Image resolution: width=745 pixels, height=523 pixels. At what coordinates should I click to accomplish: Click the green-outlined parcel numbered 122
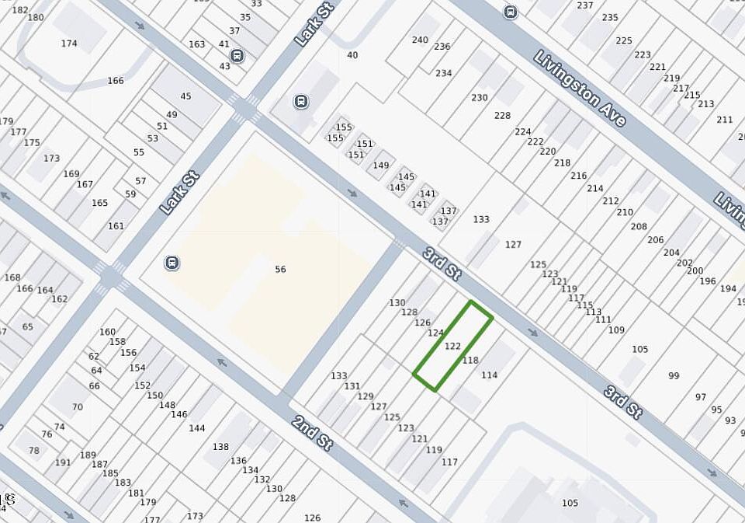[x=453, y=347]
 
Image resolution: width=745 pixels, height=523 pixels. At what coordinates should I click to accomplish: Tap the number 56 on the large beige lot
[x=280, y=270]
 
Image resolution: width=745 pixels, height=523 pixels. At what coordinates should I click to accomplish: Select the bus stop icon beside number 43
[x=237, y=56]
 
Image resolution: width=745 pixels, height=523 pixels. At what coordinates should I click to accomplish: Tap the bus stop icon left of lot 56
[x=172, y=263]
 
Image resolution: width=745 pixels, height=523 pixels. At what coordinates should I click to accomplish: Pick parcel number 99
[x=674, y=376]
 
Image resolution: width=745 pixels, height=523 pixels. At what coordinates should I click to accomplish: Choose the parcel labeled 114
[x=489, y=375]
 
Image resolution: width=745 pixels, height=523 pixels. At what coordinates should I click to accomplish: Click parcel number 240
[x=420, y=40]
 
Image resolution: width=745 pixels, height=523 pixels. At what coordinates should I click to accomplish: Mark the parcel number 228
[x=502, y=116]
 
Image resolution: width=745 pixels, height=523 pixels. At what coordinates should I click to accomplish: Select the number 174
[x=69, y=44]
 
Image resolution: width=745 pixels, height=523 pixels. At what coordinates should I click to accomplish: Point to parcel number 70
[x=78, y=407]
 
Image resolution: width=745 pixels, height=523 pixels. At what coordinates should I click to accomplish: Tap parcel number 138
[x=221, y=447]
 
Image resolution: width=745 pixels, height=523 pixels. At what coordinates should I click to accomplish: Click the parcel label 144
[x=197, y=428]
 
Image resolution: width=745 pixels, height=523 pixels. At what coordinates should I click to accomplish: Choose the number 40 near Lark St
[x=352, y=55]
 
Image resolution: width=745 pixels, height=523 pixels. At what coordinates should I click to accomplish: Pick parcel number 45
[x=185, y=96]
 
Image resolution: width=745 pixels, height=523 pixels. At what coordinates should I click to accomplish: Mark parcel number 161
[x=116, y=226]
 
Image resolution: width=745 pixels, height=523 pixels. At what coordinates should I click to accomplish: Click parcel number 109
[x=616, y=330]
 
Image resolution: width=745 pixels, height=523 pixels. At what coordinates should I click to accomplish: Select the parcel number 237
[x=585, y=5]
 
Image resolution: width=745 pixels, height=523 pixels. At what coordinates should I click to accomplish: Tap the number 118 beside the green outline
[x=470, y=361]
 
